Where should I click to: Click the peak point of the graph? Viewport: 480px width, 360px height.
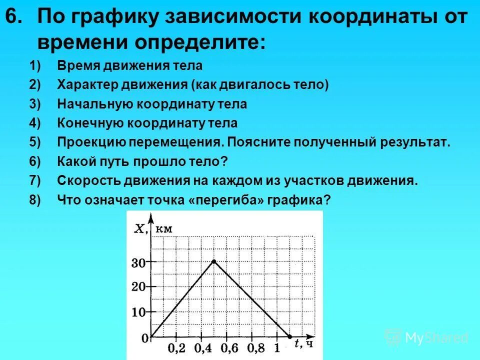tap(214, 261)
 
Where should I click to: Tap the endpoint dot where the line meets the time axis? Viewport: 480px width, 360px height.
tap(289, 336)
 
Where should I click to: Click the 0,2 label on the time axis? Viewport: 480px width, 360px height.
tap(176, 348)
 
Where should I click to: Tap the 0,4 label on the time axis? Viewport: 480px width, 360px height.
tap(201, 348)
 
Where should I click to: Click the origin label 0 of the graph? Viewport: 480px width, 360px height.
tap(145, 339)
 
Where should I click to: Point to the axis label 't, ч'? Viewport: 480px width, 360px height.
tap(303, 344)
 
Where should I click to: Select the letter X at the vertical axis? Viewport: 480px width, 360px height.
tap(141, 229)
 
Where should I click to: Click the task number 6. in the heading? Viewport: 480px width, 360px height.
tap(15, 18)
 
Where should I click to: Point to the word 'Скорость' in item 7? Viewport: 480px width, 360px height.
tap(82, 180)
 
